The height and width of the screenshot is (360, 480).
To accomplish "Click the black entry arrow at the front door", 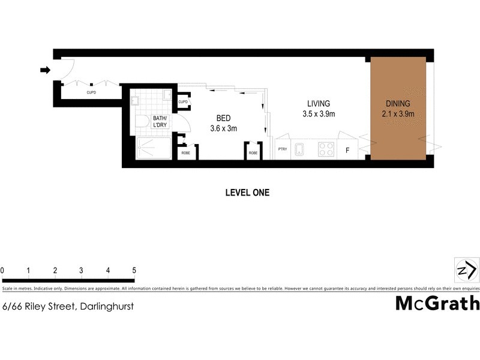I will click(44, 71).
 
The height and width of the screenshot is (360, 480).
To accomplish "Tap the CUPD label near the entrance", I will click(91, 93).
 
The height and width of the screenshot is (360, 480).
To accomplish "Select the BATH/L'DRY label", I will click(160, 122).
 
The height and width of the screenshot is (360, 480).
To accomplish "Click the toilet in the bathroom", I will click(143, 122).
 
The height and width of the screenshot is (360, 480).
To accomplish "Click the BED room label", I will click(224, 118).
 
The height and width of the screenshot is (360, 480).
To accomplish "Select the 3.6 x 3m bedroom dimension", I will click(224, 128).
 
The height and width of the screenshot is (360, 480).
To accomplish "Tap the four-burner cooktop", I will click(326, 148).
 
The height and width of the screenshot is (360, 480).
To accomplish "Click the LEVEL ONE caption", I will click(247, 193).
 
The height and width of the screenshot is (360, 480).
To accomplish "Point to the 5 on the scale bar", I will click(134, 271).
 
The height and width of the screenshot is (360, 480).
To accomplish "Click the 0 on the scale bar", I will click(2, 271).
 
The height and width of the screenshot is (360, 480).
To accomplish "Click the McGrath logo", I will click(437, 302).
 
